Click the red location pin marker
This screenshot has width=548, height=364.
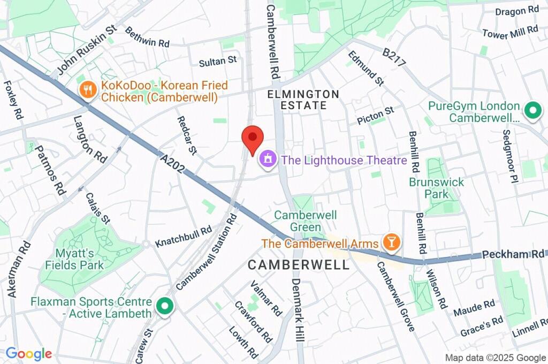point(253,138)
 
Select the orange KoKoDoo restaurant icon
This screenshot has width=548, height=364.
point(87,90)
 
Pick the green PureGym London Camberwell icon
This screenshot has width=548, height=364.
point(532,111)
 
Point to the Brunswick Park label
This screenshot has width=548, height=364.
point(437,187)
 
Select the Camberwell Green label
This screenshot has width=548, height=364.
point(306,221)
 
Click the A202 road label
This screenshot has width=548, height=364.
point(172,163)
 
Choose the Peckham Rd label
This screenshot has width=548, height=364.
point(512,255)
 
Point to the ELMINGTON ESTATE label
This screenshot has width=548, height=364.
point(304,100)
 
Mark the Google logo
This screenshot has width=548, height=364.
point(29,354)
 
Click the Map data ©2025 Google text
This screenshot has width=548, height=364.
point(495,358)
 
